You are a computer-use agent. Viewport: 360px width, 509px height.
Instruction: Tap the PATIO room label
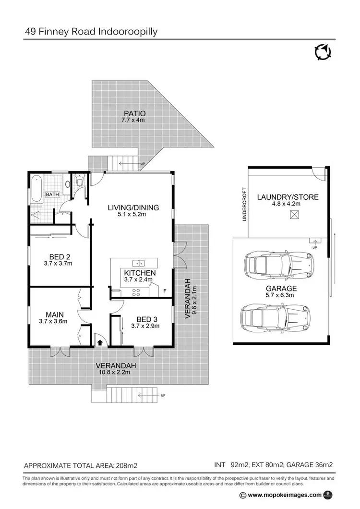134,113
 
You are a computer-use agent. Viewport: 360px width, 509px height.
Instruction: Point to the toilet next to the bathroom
79,182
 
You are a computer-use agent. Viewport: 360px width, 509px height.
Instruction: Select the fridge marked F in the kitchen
165,291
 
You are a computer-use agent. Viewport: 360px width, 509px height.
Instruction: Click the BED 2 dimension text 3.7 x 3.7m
57,263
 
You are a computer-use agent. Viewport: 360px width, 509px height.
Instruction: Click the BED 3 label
145,319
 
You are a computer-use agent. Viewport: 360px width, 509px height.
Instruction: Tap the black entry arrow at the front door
100,342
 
